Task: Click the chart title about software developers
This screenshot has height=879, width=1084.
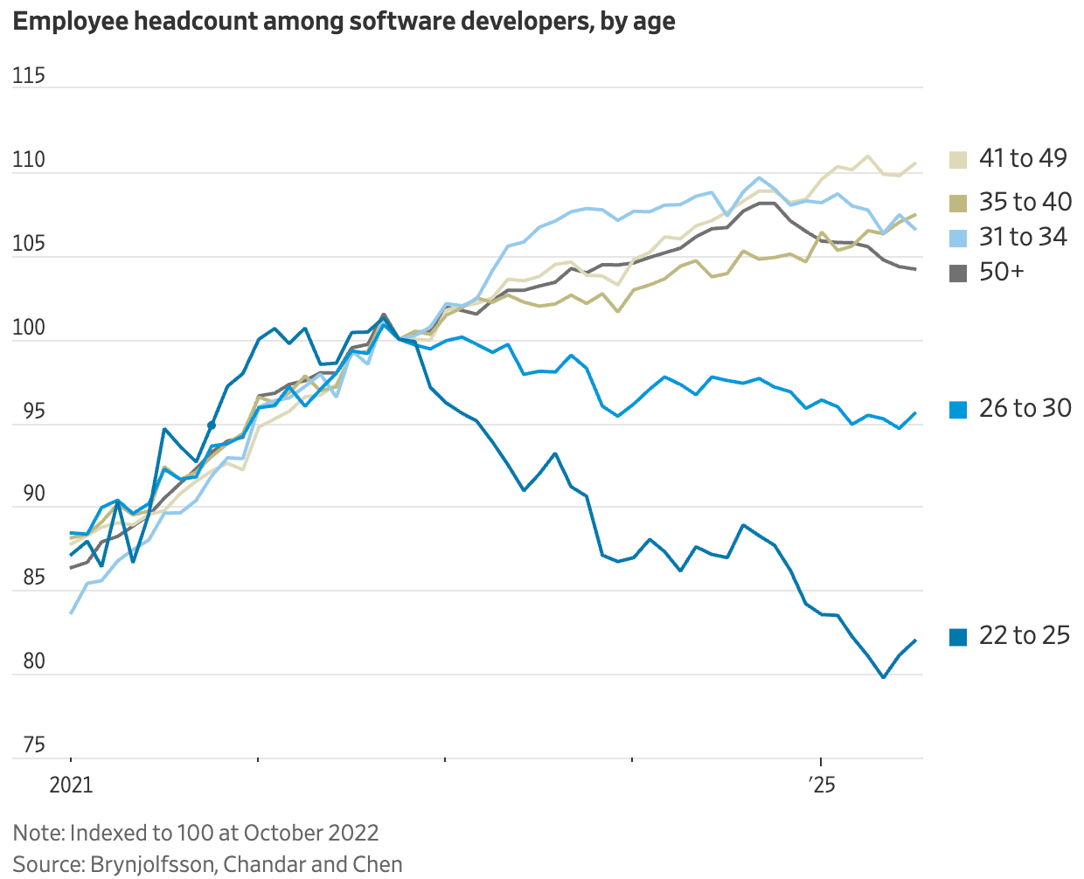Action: point(344,21)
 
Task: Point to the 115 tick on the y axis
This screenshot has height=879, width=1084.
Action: point(29,76)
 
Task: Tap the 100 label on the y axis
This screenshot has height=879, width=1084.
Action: point(29,328)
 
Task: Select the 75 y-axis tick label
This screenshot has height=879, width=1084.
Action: point(34,745)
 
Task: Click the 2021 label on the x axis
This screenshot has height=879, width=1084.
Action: point(71,785)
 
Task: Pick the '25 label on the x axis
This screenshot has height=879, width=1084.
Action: point(821,785)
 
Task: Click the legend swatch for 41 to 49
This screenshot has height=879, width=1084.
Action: point(959,159)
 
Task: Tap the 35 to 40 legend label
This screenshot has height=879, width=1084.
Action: point(1025,202)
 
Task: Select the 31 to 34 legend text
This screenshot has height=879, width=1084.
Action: point(1023,237)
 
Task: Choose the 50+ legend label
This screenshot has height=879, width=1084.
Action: point(1001,272)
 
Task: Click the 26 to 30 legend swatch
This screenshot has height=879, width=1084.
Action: point(959,409)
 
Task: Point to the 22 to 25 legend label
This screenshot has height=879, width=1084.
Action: point(1025,635)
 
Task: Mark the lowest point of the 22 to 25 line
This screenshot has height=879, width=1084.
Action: point(884,677)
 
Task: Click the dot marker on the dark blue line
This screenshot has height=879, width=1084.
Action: point(212,426)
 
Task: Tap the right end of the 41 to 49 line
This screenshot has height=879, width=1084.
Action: point(915,163)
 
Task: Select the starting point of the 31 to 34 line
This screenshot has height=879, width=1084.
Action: point(71,613)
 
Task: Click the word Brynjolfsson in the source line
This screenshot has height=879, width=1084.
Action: point(153,864)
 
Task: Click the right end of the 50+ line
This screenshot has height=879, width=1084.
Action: point(915,269)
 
